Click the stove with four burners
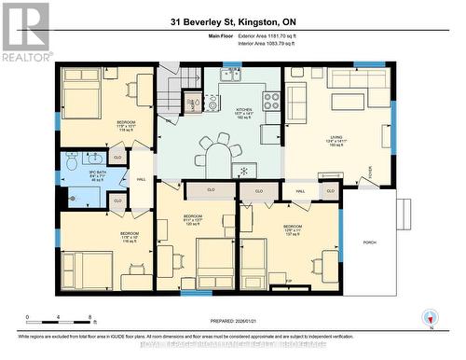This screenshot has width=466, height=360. tap(271, 101)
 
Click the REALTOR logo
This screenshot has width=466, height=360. tap(25, 33)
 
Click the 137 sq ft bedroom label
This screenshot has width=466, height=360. tap(292, 229)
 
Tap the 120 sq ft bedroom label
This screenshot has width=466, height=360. tap(193, 220)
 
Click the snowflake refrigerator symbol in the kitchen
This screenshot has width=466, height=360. tap(242, 170)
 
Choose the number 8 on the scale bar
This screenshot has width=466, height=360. tap(89, 317)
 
